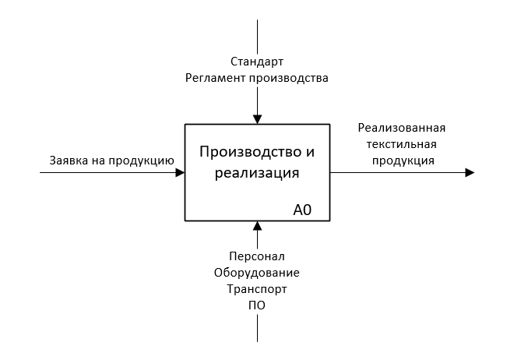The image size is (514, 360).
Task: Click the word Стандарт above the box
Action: pyautogui.click(x=256, y=61)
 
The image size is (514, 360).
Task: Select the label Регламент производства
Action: pyautogui.click(x=256, y=78)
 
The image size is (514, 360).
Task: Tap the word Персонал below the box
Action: pyautogui.click(x=257, y=256)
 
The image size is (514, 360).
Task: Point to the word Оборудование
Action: pyautogui.click(x=257, y=272)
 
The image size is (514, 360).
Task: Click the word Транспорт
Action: pyautogui.click(x=257, y=288)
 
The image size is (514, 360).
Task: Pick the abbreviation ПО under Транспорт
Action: pyautogui.click(x=257, y=305)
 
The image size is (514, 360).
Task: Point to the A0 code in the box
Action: pyautogui.click(x=303, y=209)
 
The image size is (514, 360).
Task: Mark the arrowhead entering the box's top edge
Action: pyautogui.click(x=257, y=119)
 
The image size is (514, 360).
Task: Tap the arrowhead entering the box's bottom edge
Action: pyautogui.click(x=257, y=226)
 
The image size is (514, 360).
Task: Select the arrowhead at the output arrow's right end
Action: pyautogui.click(x=470, y=172)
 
